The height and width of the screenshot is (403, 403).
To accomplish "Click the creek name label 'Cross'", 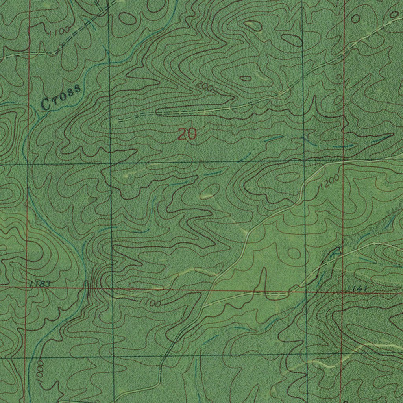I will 62,96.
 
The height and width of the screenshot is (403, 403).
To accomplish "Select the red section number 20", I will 187,135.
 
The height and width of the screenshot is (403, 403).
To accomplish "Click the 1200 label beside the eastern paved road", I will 329,183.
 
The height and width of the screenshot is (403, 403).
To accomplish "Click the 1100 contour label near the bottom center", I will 150,302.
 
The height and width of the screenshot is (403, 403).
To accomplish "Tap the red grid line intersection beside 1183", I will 26,288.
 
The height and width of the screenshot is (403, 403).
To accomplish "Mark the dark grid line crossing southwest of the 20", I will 111,163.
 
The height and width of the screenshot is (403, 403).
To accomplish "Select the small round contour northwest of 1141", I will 294,253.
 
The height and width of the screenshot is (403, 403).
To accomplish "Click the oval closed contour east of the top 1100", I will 127,18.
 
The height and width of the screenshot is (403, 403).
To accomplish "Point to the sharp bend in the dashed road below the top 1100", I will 56,52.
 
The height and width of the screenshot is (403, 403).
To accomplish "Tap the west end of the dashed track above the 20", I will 118,120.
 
